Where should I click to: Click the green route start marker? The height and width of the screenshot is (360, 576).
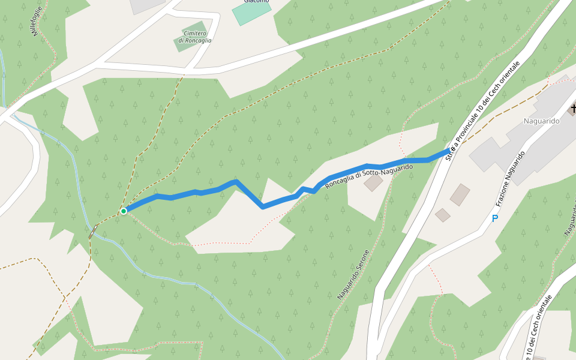pos(124,211)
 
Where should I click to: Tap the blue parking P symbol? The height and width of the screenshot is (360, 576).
pos(495,218)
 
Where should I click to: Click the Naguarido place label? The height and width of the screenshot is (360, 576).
pos(541,121)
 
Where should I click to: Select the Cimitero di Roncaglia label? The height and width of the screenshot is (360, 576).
pos(195,37)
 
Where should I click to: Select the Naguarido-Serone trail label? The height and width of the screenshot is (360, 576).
pos(356,274)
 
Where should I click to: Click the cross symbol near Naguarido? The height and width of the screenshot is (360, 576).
pos(573,109)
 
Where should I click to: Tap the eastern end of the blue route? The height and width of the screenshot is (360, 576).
pos(448,153)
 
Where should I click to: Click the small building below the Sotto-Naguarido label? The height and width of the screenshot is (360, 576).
pos(373,182)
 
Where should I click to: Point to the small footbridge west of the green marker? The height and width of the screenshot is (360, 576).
pos(94,232)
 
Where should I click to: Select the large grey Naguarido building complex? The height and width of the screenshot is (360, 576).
pos(528,138)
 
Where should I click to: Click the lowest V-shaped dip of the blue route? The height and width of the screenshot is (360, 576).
pos(263,207)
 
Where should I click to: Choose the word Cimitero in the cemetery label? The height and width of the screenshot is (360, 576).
pos(196,33)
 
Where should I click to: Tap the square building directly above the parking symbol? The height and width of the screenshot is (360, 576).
pos(460,194)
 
